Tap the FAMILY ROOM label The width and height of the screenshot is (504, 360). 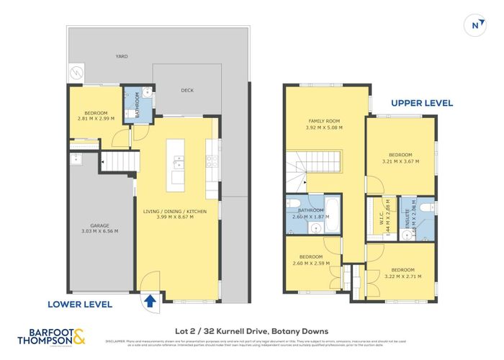click(x=324, y=121)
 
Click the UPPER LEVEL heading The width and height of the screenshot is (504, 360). click(x=422, y=103)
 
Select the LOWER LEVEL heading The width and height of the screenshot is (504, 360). click(x=80, y=304)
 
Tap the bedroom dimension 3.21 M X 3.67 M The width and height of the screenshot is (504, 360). click(x=400, y=162)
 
